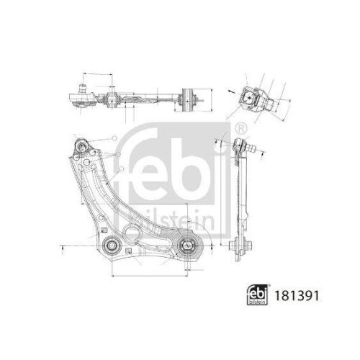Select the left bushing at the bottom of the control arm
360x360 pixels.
(111, 246)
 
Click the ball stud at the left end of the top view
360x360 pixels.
(80, 97)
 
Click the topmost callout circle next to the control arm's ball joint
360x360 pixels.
(114, 138)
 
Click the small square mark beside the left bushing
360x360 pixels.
(127, 252)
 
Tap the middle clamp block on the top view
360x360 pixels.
(113, 97)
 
